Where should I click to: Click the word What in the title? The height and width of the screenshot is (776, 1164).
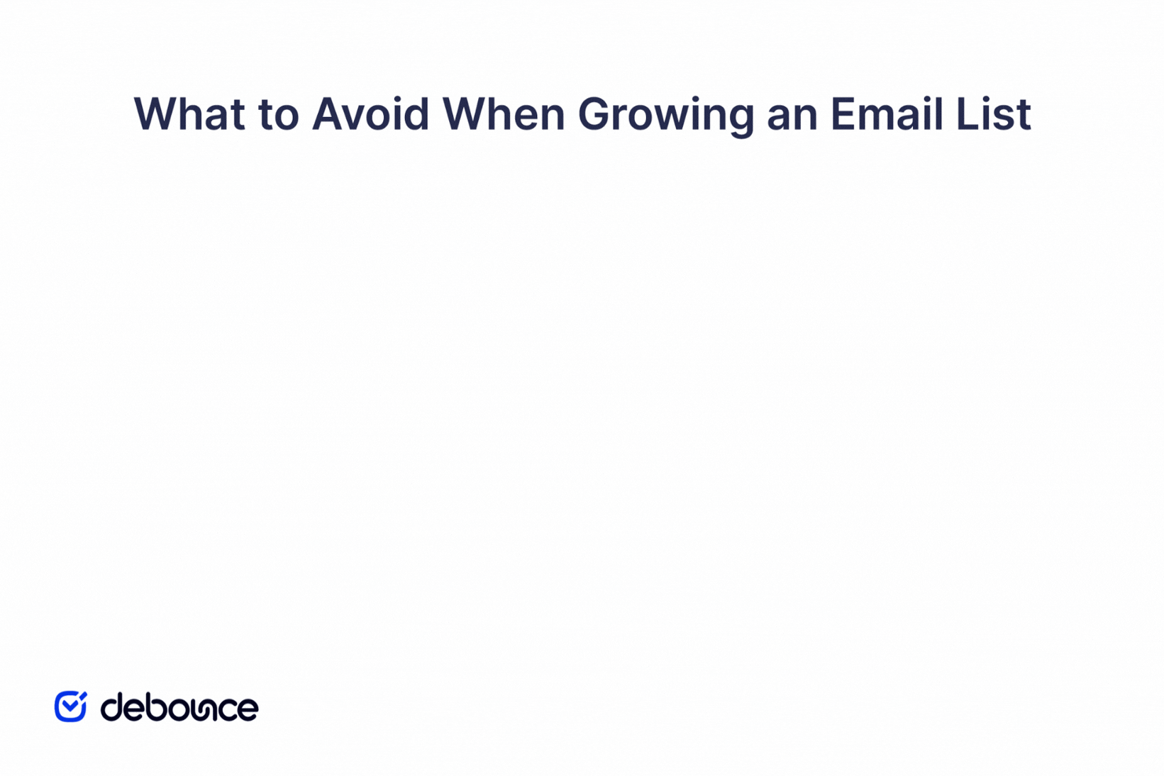(x=189, y=114)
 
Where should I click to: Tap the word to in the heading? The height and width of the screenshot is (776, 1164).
(x=278, y=114)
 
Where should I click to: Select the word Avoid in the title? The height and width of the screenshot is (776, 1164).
(x=370, y=114)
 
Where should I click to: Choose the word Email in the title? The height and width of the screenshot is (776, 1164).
(x=887, y=114)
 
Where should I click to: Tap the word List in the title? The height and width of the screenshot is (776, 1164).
(x=993, y=114)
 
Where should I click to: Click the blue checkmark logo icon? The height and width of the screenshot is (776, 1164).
(x=70, y=706)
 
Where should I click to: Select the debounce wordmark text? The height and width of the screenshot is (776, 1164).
(x=179, y=707)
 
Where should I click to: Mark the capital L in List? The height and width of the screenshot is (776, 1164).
(x=966, y=114)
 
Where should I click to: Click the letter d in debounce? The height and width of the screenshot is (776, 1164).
(x=113, y=707)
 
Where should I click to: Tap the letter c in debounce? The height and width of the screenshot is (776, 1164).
(x=226, y=709)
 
